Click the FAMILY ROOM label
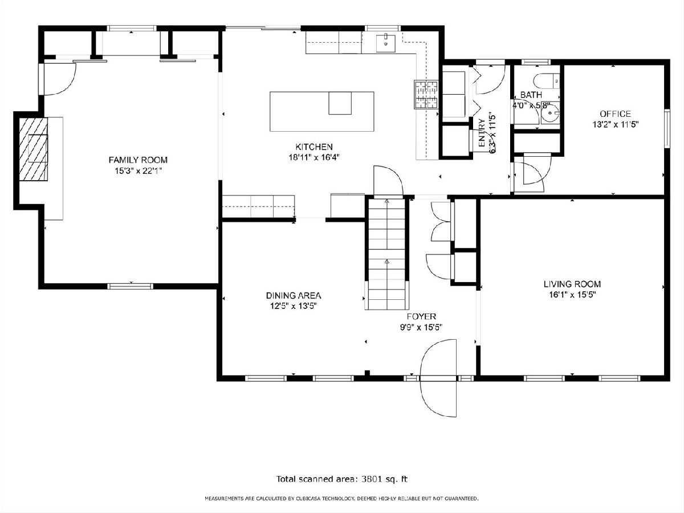[138, 160]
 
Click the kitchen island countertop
[322, 112]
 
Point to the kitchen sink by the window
[386, 44]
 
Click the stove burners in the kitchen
[426, 95]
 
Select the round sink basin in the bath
[550, 113]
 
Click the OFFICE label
[616, 114]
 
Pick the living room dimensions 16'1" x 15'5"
[572, 295]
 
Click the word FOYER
[421, 317]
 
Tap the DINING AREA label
[294, 296]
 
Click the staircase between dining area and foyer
[387, 254]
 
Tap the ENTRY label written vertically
[482, 133]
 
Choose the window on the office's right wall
[666, 128]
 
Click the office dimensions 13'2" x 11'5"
[616, 125]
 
